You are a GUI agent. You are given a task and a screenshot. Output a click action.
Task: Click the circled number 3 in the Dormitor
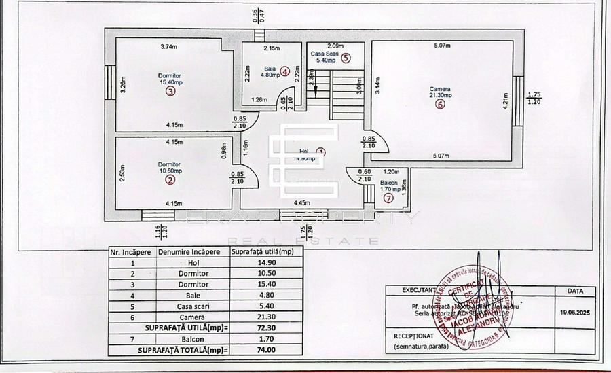170,91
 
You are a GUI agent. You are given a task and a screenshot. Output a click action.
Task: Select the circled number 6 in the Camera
441,105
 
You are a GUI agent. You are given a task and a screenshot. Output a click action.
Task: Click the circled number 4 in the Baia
285,71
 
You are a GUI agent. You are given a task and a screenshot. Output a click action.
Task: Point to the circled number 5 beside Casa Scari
346,58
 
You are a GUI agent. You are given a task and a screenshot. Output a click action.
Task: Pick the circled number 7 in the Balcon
388,198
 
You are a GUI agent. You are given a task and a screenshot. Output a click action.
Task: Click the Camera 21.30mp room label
440,92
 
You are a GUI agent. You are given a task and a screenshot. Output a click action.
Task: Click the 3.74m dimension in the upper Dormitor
168,47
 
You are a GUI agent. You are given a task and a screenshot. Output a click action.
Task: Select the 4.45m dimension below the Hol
302,202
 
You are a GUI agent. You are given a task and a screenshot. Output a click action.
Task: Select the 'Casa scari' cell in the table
190,306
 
